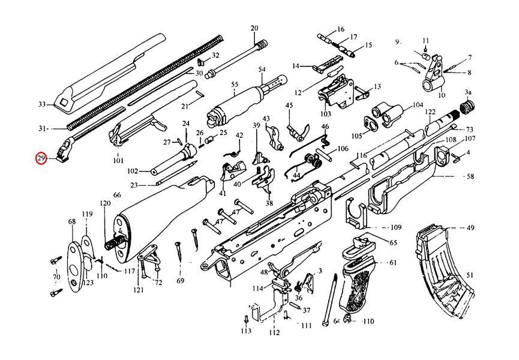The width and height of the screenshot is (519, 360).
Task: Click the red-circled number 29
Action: click(x=41, y=159)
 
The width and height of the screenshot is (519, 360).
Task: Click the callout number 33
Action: click(x=42, y=104)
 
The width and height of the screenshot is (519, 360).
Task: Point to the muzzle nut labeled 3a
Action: click(x=467, y=107)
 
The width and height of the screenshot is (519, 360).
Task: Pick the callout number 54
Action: click(x=262, y=69)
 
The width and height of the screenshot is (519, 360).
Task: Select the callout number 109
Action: click(x=395, y=227)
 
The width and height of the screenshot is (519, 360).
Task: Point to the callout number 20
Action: click(x=254, y=28)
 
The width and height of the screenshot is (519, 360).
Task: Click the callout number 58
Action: click(x=470, y=176)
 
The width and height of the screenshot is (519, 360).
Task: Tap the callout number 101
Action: click(x=118, y=160)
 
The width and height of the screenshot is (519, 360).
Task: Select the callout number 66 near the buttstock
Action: click(x=117, y=195)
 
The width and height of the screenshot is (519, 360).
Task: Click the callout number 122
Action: click(x=430, y=112)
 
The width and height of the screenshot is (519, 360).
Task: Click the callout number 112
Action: click(x=274, y=332)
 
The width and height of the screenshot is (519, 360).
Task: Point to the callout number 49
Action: click(x=470, y=227)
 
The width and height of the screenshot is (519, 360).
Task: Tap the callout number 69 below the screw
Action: click(x=180, y=281)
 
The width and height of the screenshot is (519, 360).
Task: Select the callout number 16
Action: click(x=341, y=29)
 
